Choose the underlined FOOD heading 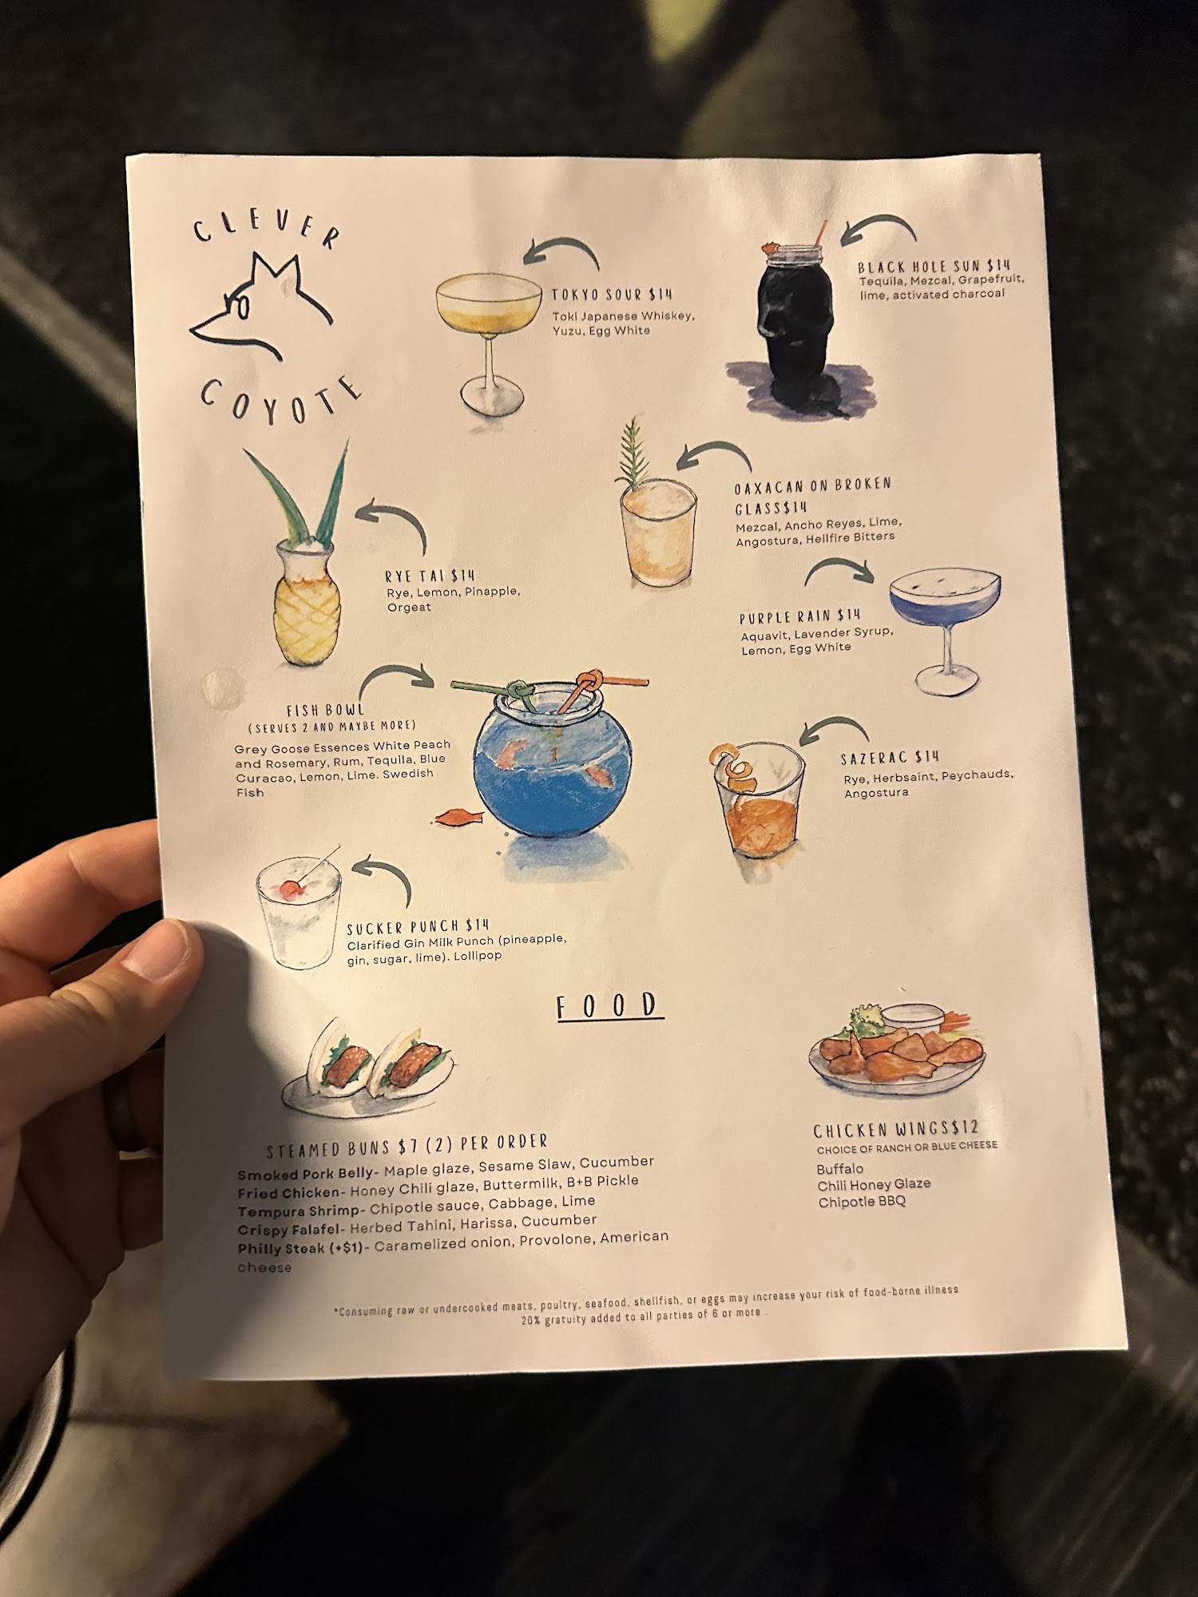pos(609,1006)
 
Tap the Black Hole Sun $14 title pos(934,266)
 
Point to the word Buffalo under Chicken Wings pos(840,1169)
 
